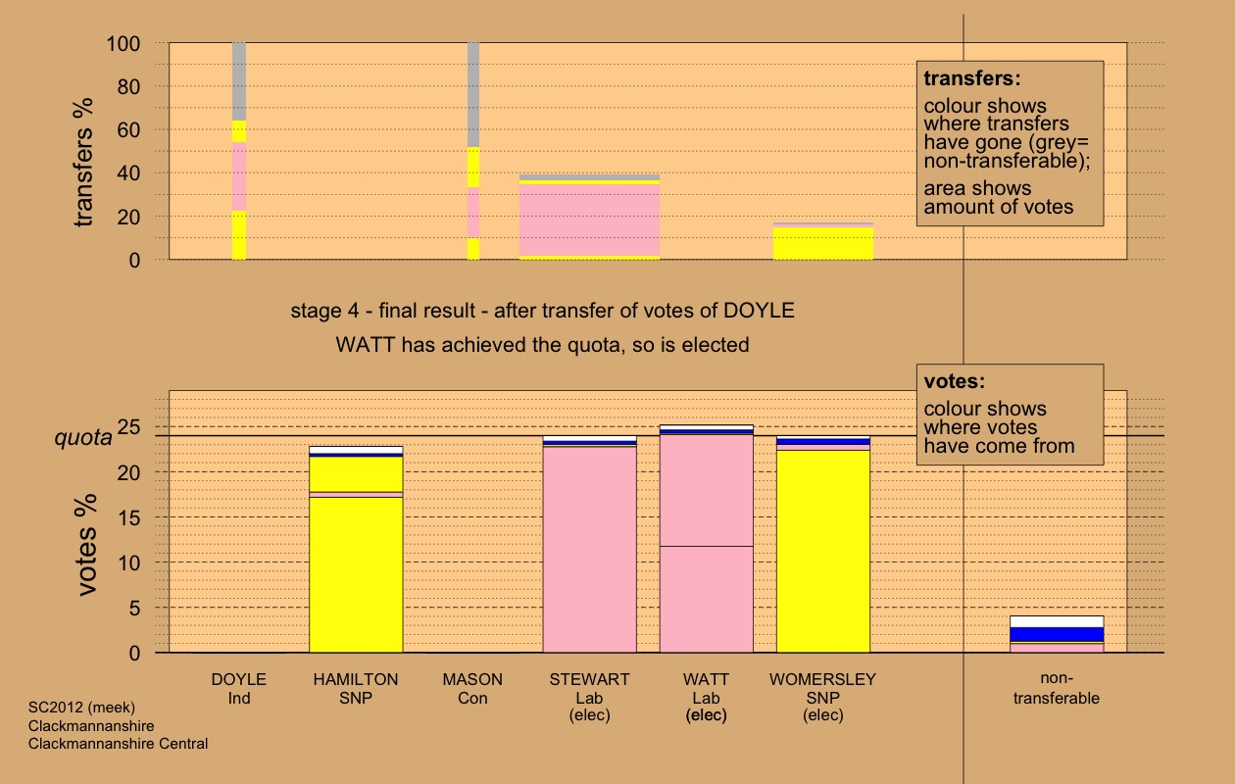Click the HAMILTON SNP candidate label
[355, 688]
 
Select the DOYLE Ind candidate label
[238, 688]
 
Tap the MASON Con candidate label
[472, 688]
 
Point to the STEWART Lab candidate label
[589, 696]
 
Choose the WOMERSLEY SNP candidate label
[822, 696]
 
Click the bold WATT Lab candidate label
[706, 696]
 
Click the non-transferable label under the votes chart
[1056, 688]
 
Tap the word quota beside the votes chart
[82, 438]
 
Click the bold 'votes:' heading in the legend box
[955, 381]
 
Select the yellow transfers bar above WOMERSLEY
[822, 243]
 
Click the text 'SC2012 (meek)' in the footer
[80, 706]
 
